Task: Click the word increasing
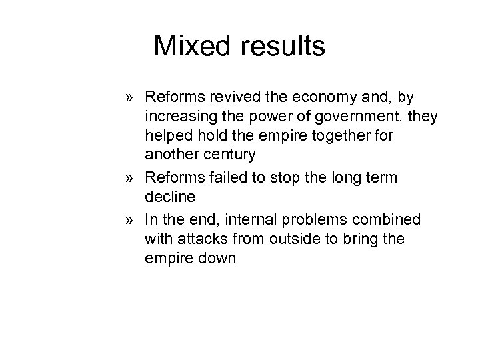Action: [x=175, y=117]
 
